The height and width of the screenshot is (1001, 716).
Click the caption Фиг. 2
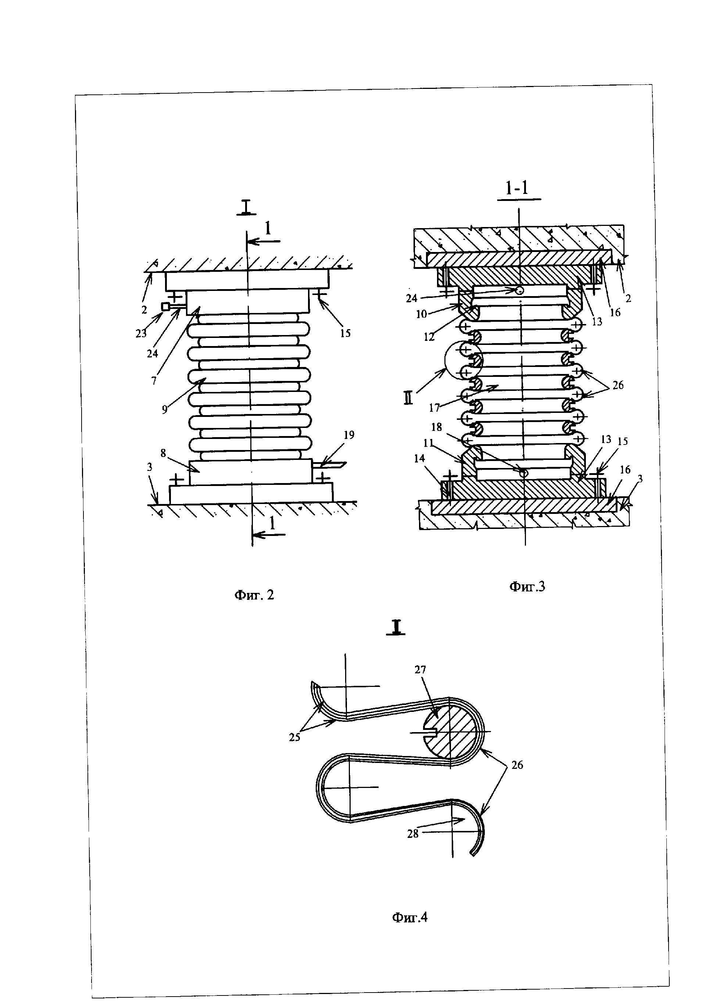(x=254, y=595)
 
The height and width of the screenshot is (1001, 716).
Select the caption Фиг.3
(x=527, y=586)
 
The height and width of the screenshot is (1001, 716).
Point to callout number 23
(x=141, y=334)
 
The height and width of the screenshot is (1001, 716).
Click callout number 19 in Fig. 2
(x=349, y=435)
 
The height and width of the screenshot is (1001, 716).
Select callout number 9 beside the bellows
(x=164, y=410)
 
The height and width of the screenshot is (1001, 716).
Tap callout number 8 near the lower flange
(x=163, y=453)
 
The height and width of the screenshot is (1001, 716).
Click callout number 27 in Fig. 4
(x=420, y=670)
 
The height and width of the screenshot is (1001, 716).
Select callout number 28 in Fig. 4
(x=413, y=833)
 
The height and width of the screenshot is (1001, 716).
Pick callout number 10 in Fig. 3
(x=422, y=314)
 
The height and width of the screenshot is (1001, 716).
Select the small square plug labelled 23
(x=166, y=307)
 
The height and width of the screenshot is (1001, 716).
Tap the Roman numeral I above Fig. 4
(x=396, y=627)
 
